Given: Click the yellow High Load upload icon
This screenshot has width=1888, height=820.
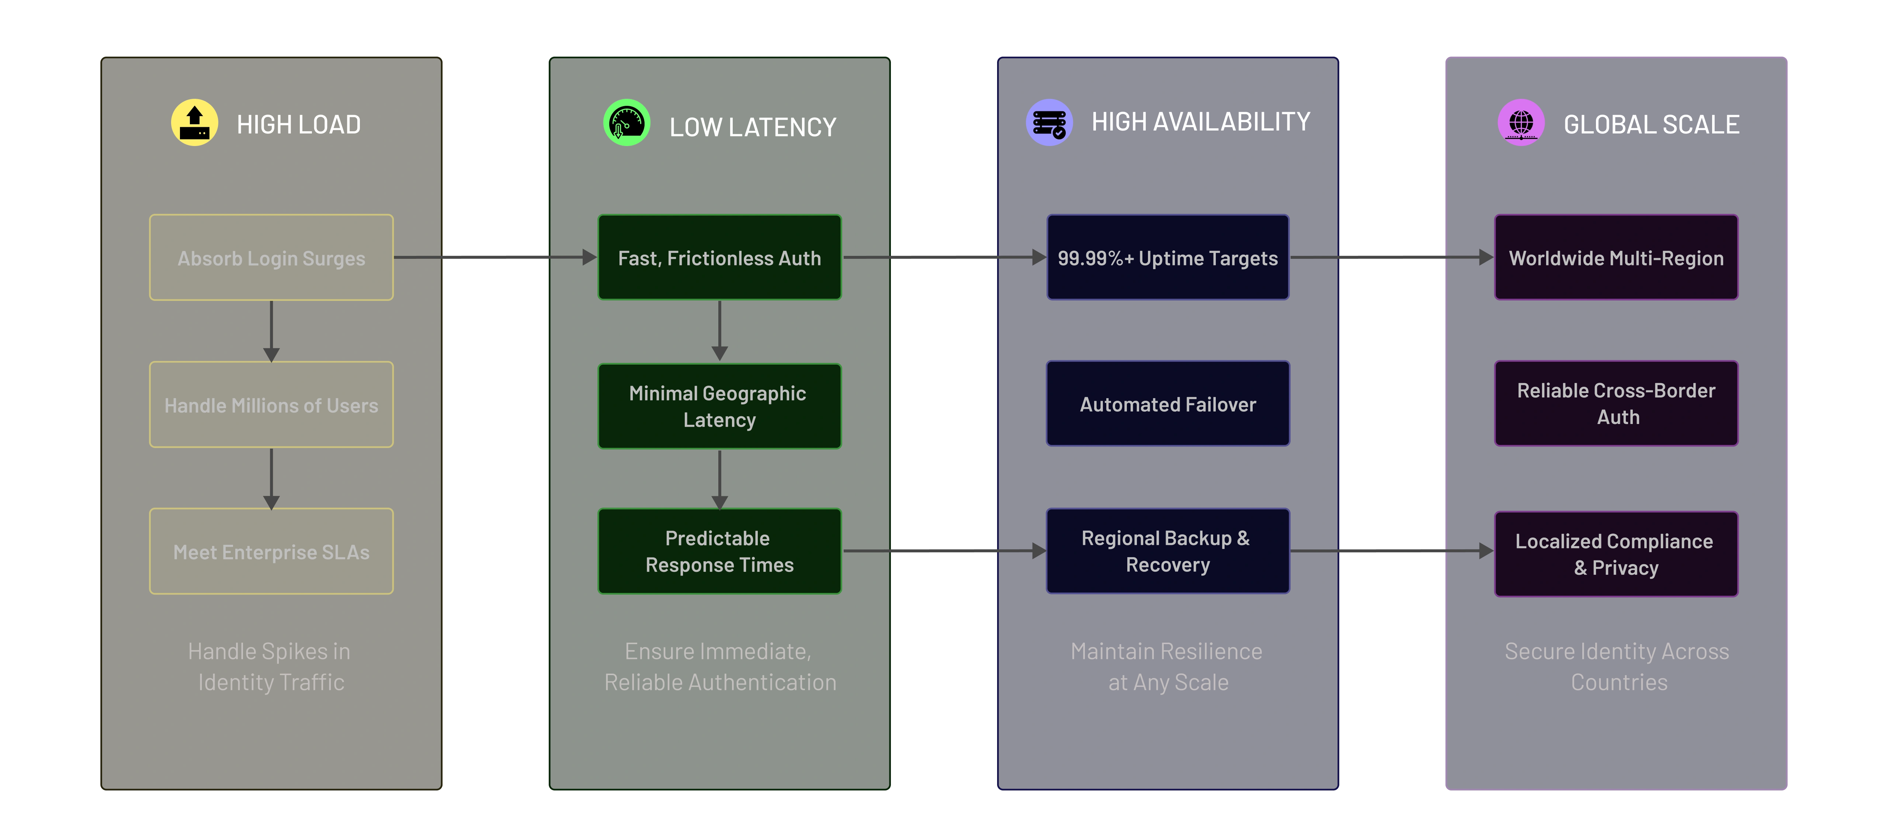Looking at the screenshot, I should point(194,122).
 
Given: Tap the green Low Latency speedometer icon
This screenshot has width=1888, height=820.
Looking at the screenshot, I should point(626,122).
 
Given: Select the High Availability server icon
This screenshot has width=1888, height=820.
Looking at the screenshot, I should point(1049,122).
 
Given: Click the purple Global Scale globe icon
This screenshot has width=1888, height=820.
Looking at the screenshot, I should point(1521,122).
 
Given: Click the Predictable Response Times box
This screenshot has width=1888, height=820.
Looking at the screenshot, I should point(719,551).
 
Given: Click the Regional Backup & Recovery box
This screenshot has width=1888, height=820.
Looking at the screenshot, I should point(1167,551).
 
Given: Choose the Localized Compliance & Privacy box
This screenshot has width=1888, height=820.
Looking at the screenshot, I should point(1616,554).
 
